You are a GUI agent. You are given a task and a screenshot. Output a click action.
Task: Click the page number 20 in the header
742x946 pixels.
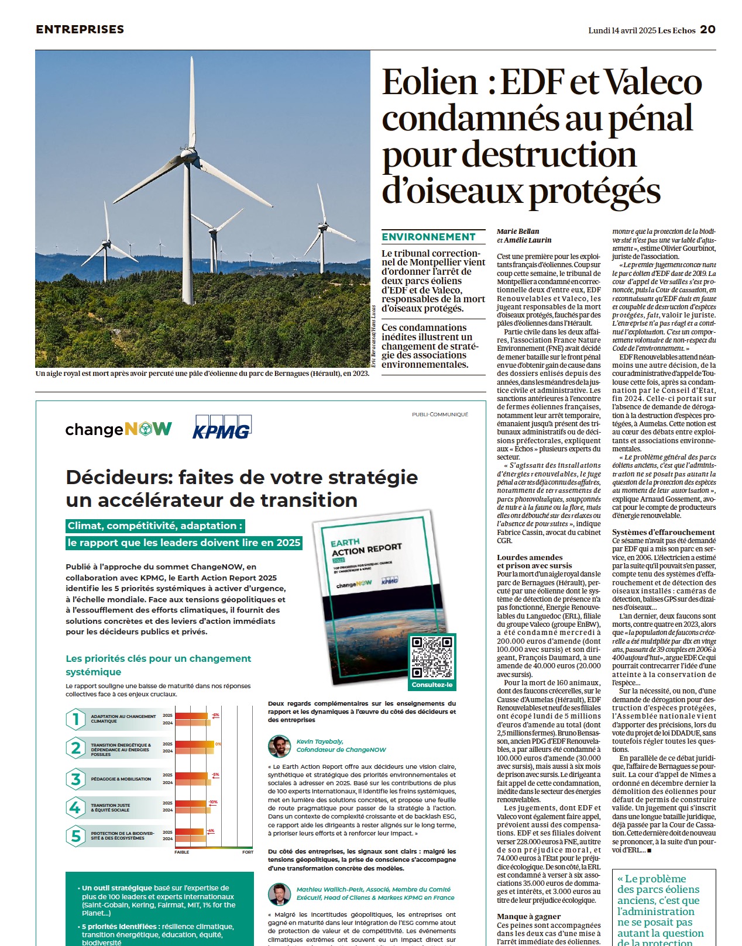click(x=707, y=29)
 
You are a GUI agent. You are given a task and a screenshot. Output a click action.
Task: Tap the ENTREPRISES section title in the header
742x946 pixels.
click(x=80, y=29)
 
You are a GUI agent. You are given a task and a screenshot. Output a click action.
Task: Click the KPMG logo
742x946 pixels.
click(x=222, y=428)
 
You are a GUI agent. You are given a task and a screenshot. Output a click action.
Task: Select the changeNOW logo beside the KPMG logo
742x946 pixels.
click(x=119, y=430)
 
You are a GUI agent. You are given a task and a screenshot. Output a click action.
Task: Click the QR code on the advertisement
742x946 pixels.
click(x=432, y=657)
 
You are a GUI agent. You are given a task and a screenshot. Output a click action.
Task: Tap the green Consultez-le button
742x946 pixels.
click(x=432, y=685)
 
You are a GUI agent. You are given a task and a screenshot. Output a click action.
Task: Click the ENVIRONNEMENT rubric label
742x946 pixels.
click(x=429, y=237)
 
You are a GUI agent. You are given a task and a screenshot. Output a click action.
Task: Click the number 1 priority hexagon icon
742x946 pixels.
click(x=75, y=719)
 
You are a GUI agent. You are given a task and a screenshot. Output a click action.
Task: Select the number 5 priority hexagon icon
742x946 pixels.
click(x=75, y=836)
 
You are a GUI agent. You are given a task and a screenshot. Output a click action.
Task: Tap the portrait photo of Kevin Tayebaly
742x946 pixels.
click(x=279, y=746)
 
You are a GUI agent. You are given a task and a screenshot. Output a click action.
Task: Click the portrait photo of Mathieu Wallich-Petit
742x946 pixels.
click(x=279, y=894)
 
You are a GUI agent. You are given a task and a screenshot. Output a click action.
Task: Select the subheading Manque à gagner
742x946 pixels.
click(x=528, y=916)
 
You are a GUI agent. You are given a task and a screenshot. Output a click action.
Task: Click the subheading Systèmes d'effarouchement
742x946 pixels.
click(x=663, y=532)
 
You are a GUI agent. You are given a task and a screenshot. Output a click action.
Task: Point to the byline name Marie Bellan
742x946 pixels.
click(x=518, y=232)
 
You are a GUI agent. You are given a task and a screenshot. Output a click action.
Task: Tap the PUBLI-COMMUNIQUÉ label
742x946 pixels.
click(x=439, y=415)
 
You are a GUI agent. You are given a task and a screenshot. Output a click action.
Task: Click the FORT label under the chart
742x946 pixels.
click(x=248, y=852)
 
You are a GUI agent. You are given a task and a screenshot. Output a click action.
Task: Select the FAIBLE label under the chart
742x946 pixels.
click(x=181, y=852)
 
